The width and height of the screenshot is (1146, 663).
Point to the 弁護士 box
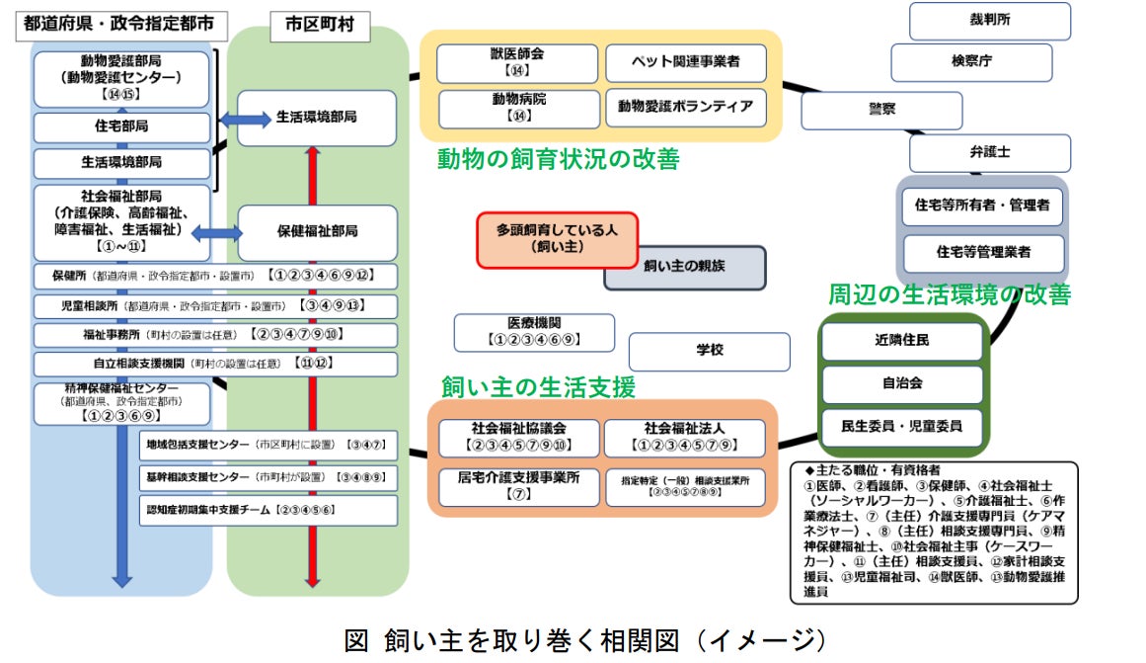point(989,153)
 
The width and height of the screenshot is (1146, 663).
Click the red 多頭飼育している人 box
point(557,239)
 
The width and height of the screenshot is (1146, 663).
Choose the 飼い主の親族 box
point(684,267)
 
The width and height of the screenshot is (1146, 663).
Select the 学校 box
point(709,351)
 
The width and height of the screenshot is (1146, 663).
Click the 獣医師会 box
point(516,62)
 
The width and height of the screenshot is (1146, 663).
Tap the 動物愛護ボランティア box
point(685,107)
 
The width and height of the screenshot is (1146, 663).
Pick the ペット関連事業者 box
point(685,62)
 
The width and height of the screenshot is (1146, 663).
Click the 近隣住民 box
point(901,341)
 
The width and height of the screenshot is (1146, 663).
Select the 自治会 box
point(901,384)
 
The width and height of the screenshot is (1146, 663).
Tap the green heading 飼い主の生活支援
point(538,387)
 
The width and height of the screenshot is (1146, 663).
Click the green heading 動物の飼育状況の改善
point(558,159)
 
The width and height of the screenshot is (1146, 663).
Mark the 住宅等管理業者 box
point(983,252)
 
